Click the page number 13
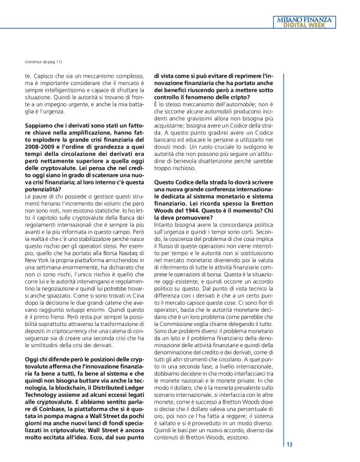tap(290, 445)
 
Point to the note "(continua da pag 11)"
tap(43, 63)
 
